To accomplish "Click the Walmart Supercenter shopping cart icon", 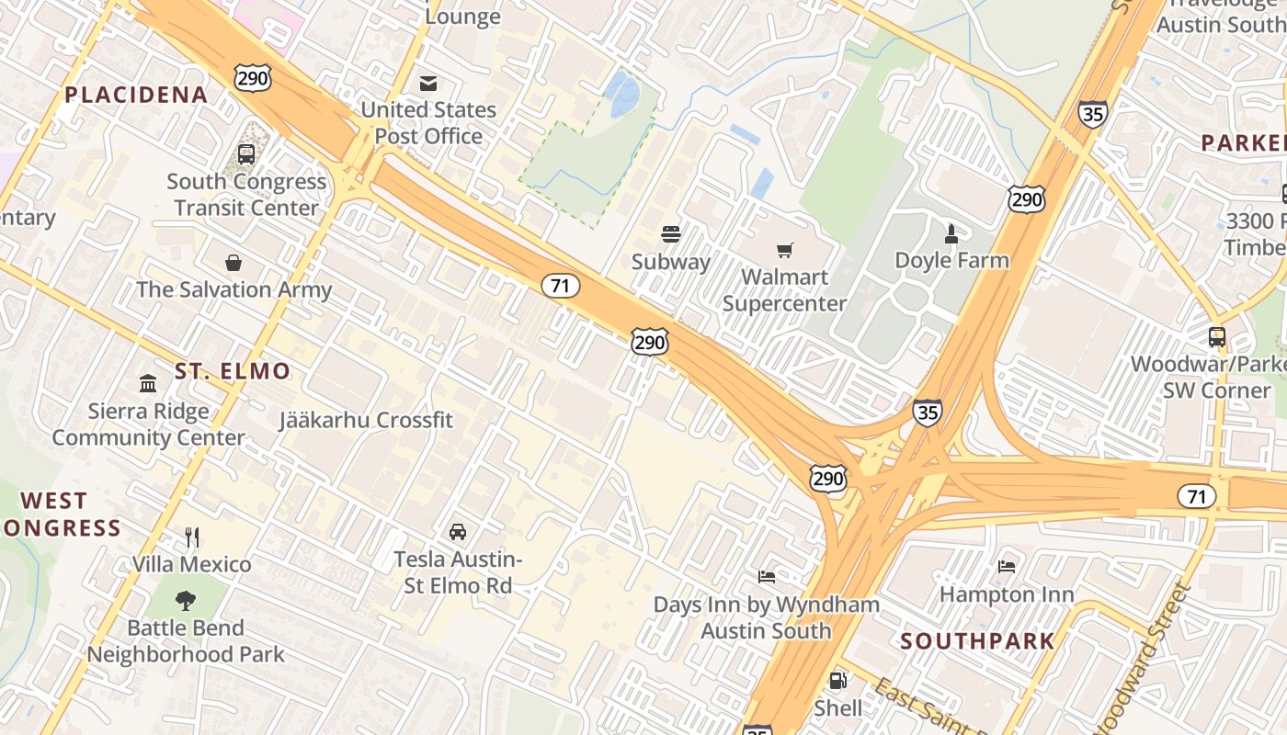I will pyautogui.click(x=784, y=250).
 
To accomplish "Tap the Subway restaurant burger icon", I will pyautogui.click(x=671, y=234).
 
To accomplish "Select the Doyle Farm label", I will pyautogui.click(x=951, y=260).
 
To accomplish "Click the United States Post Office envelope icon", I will pyautogui.click(x=428, y=84).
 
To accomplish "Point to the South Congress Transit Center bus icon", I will pyautogui.click(x=246, y=154).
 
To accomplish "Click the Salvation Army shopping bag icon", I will pyautogui.click(x=233, y=264).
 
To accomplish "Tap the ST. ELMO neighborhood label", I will pyautogui.click(x=233, y=371).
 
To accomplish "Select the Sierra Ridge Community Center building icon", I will pyautogui.click(x=148, y=382).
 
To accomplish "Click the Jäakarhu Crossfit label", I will pyautogui.click(x=366, y=421).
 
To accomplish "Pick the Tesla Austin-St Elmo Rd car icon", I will pyautogui.click(x=457, y=531).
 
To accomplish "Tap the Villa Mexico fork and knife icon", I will pyautogui.click(x=192, y=537).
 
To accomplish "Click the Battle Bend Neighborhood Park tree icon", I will pyautogui.click(x=186, y=601).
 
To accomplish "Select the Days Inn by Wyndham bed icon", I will pyautogui.click(x=767, y=576).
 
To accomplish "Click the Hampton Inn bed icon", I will pyautogui.click(x=1007, y=566).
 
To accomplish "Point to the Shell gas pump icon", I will pyautogui.click(x=837, y=681).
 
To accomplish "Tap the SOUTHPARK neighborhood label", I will pyautogui.click(x=977, y=641).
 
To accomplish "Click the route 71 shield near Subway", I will pyautogui.click(x=560, y=286).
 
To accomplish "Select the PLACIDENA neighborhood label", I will pyautogui.click(x=136, y=95).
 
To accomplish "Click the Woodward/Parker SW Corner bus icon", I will pyautogui.click(x=1217, y=336).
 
